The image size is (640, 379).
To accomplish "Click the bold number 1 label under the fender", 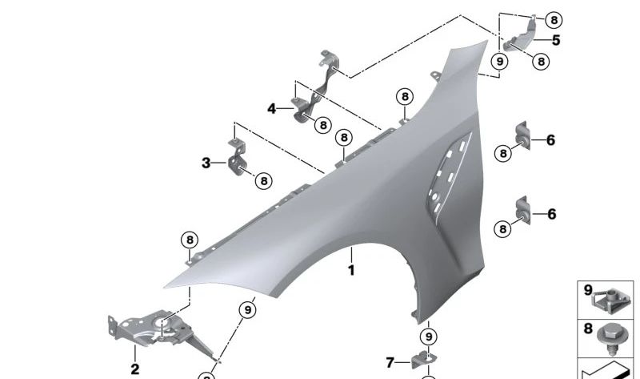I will (350, 271).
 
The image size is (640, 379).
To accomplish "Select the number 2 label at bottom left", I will (134, 369).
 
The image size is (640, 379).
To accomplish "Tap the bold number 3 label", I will (206, 163).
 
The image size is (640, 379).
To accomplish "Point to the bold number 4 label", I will (272, 108).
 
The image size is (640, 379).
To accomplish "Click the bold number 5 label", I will (555, 41).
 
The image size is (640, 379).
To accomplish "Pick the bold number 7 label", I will (390, 363).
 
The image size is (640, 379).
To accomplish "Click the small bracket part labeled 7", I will (422, 361).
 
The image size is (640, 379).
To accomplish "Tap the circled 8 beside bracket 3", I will (263, 182).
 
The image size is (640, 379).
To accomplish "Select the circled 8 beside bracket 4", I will (322, 125).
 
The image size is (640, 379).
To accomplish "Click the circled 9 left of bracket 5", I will (499, 61).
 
